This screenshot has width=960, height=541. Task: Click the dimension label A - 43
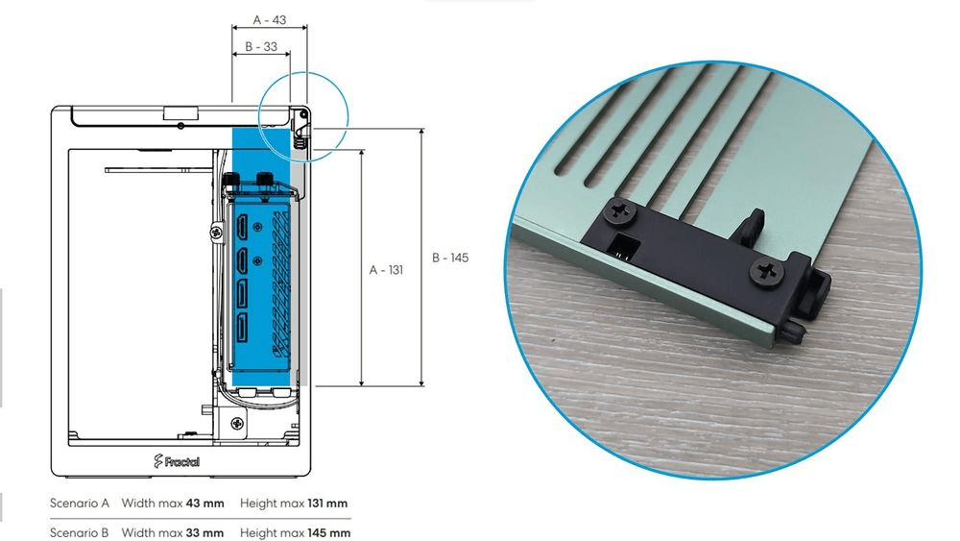[x=270, y=20]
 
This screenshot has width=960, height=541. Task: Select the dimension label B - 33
[x=261, y=46]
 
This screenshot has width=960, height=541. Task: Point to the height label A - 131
[x=386, y=270]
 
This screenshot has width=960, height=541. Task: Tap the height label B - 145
[x=450, y=258]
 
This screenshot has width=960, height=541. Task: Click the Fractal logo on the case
[x=177, y=461]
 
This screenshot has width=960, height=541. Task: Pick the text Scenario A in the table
[x=80, y=503]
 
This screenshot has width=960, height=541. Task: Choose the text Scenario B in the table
[x=79, y=532]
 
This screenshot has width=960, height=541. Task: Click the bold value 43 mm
[x=205, y=503]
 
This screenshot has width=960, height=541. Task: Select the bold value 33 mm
[x=204, y=532]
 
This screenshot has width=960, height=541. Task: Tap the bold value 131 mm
[x=327, y=503]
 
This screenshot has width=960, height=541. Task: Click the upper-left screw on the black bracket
[x=619, y=214]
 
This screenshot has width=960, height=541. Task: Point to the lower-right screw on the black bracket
[x=767, y=272]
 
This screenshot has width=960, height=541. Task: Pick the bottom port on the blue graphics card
[x=242, y=326]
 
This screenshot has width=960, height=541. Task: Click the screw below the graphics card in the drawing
[x=237, y=424]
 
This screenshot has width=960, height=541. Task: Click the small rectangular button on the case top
[x=180, y=112]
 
